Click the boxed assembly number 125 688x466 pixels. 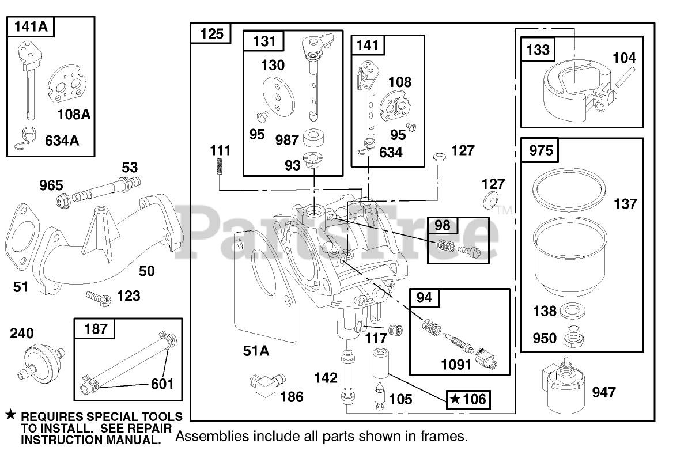[x=211, y=34]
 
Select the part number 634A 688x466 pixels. [x=62, y=140]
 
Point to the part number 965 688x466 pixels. [x=51, y=185]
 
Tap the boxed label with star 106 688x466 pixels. [x=468, y=399]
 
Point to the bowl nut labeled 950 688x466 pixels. [x=573, y=336]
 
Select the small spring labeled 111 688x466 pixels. [x=219, y=168]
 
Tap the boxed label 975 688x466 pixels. [x=540, y=151]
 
